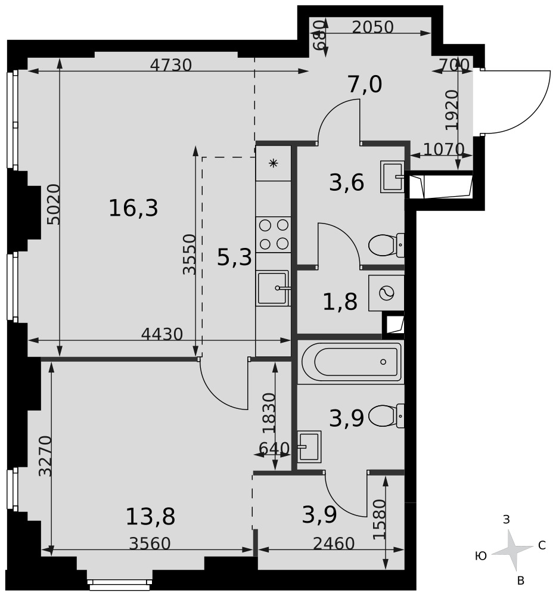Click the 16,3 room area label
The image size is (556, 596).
pyautogui.click(x=133, y=208)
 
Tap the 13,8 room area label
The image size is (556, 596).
pyautogui.click(x=151, y=517)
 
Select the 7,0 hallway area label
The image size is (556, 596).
pyautogui.click(x=365, y=85)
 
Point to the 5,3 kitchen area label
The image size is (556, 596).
pyautogui.click(x=234, y=257)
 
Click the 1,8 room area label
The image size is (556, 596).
pyautogui.click(x=340, y=302)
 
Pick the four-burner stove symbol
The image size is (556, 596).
pyautogui.click(x=274, y=234)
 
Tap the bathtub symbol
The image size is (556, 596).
pyautogui.click(x=352, y=362)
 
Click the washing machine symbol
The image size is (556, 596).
pyautogui.click(x=386, y=293)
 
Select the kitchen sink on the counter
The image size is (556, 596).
pyautogui.click(x=273, y=288)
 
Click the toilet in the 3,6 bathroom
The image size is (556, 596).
pyautogui.click(x=386, y=245)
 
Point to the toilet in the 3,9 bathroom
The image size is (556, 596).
pyautogui.click(x=386, y=416)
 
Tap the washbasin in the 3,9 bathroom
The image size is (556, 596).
pyautogui.click(x=309, y=446)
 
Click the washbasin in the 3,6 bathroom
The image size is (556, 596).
pyautogui.click(x=392, y=177)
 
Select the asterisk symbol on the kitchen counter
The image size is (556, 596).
pyautogui.click(x=274, y=163)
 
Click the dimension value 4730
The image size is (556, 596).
pyautogui.click(x=170, y=66)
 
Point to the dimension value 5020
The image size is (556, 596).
pyautogui.click(x=54, y=204)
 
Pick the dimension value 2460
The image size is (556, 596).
pyautogui.click(x=334, y=544)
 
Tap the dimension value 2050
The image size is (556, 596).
pyautogui.click(x=372, y=27)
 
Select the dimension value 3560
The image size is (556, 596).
pyautogui.click(x=150, y=544)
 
